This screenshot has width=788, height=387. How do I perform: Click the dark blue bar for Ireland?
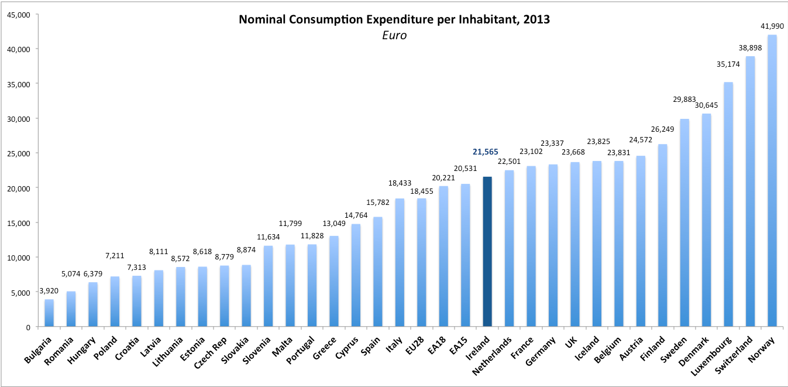point(487,252)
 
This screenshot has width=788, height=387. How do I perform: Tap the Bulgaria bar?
point(49,313)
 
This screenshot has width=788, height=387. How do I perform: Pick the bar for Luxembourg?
point(728,204)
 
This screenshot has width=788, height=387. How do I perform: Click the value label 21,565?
point(486,152)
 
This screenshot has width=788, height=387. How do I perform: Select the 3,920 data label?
point(49,290)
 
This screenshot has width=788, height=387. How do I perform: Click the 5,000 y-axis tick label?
point(20,292)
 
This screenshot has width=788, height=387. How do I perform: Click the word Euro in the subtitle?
point(393,36)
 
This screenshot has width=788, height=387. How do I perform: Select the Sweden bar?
point(684,222)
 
